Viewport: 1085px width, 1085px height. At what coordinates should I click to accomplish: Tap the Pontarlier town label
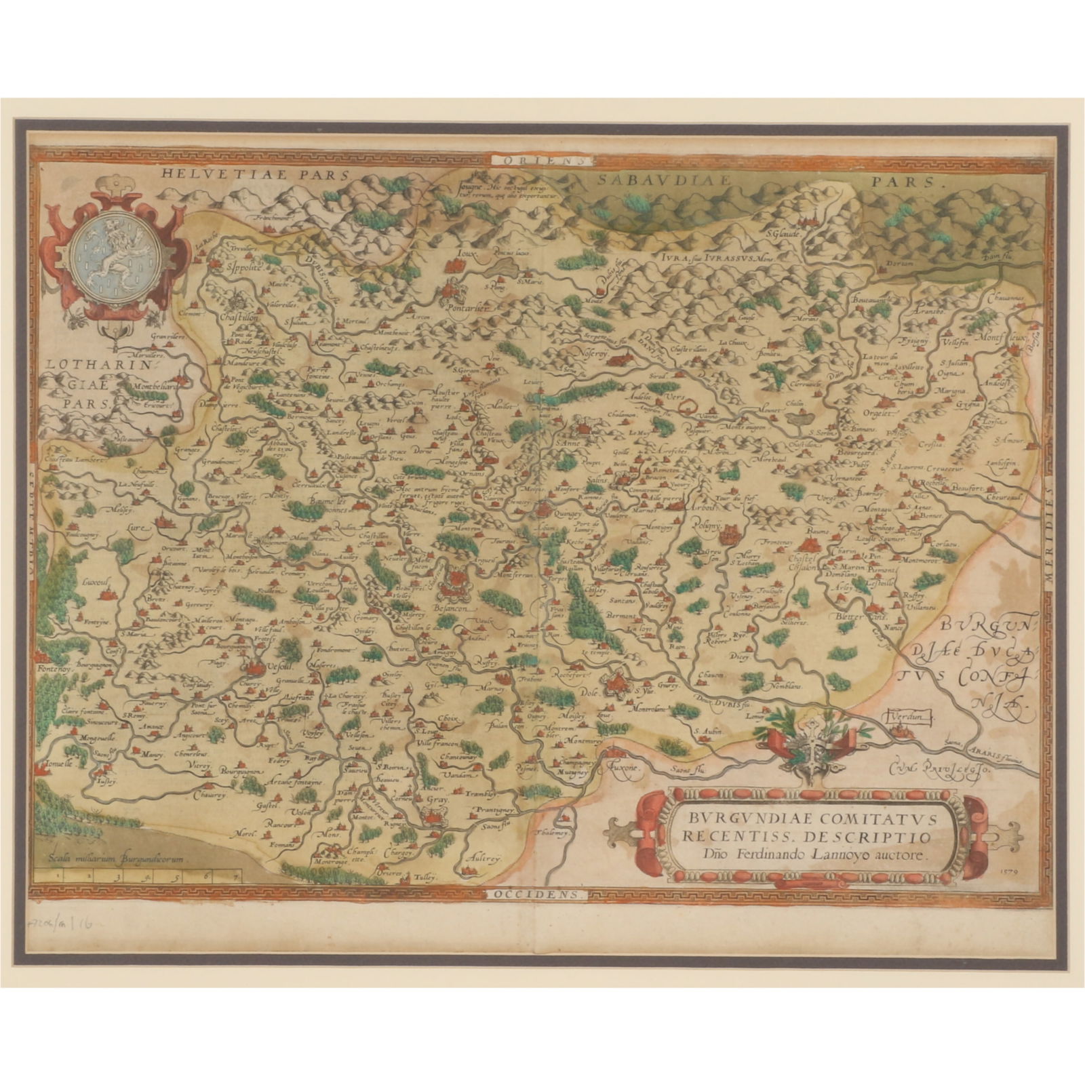coord(467,307)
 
